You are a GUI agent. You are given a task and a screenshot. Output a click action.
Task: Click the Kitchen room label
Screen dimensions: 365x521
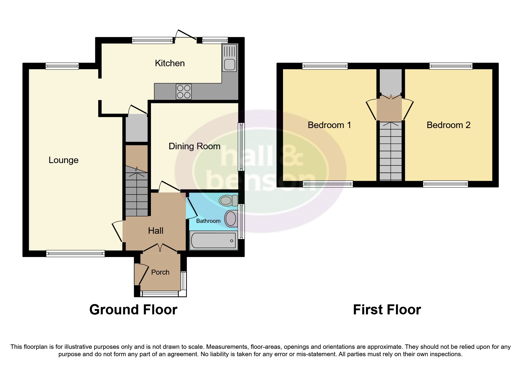click(170, 63)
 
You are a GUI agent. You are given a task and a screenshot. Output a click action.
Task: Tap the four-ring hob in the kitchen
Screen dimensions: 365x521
click(184, 91)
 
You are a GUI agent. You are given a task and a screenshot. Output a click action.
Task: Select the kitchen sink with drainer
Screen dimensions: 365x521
click(229, 58)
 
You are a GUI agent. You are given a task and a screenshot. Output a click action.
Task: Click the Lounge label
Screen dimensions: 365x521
click(64, 160)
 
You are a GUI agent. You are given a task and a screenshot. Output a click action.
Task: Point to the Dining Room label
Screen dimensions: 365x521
click(194, 146)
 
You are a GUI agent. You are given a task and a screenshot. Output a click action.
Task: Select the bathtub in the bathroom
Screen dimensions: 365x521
click(213, 240)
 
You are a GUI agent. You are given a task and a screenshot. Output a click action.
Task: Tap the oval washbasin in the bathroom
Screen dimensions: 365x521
click(231, 219)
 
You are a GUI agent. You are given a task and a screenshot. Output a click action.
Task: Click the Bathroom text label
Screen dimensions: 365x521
click(208, 221)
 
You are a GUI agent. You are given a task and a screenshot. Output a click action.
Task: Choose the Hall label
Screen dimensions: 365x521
click(156, 230)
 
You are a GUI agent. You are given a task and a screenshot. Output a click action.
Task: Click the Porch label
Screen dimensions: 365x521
click(160, 272)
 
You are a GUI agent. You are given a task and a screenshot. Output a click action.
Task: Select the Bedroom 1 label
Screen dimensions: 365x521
click(329, 125)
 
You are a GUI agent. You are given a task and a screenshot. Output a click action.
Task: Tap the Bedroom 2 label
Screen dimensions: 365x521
click(448, 125)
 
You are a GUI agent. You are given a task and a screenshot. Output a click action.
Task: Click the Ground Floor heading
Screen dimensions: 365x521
click(133, 310)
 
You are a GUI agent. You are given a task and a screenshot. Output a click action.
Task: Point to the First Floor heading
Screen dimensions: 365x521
click(387, 310)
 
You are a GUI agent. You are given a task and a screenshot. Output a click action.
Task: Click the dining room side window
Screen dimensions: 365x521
click(241, 147)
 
